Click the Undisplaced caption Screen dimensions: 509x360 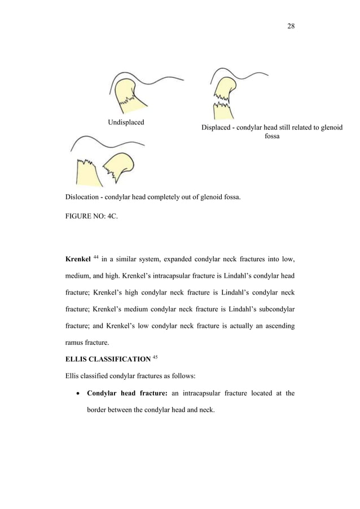pos(125,122)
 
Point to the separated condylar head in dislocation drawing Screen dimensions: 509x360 pos(119,166)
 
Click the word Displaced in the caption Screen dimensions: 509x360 pos(217,128)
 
